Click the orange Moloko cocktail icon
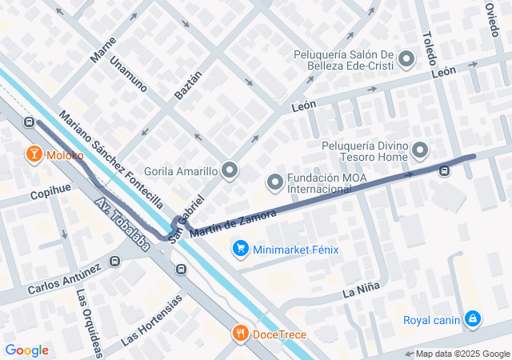point(35,154)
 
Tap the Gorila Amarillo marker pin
point(230,170)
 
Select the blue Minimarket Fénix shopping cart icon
point(240,249)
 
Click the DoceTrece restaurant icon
point(240,334)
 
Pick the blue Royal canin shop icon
point(474,320)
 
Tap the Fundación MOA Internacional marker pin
point(275,183)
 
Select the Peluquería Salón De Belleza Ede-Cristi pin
point(406,59)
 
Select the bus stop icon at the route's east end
point(445,170)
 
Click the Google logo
point(26,350)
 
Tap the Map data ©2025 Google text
point(462,354)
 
